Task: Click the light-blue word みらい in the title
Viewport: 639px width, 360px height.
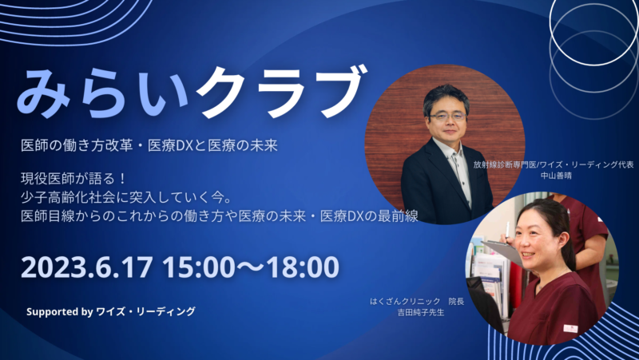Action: (x=103, y=93)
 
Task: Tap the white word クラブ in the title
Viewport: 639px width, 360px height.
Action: (x=281, y=91)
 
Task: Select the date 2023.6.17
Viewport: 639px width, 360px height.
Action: (x=87, y=267)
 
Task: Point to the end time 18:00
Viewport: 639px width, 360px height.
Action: (x=303, y=267)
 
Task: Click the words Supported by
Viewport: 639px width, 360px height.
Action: (x=60, y=312)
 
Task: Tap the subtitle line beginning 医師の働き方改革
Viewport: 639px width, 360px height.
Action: (x=149, y=146)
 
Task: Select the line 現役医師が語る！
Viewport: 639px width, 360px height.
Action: (x=74, y=179)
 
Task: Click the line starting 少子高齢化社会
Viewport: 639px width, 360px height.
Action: (x=126, y=197)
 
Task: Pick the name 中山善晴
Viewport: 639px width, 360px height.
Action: (x=556, y=176)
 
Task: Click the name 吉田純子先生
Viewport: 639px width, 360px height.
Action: (x=421, y=313)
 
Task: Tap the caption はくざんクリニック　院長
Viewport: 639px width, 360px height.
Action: (x=417, y=302)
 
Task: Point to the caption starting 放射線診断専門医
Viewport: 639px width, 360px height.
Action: (x=554, y=164)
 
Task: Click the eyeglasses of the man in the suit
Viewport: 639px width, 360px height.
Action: (x=447, y=117)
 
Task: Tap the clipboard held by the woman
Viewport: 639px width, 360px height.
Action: (x=502, y=251)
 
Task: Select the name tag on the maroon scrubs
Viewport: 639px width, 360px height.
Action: (x=570, y=328)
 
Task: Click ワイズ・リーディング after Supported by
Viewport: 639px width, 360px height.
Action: (x=145, y=312)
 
